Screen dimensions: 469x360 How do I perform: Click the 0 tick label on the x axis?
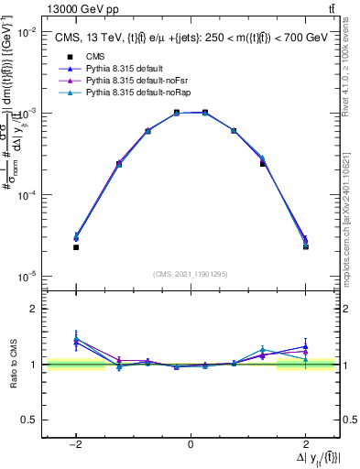[x=191, y=443]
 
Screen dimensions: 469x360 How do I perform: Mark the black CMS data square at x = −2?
[x=76, y=247]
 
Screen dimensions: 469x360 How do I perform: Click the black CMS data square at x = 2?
[x=305, y=246]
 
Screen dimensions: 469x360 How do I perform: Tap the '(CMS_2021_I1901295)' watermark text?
[x=191, y=274]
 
